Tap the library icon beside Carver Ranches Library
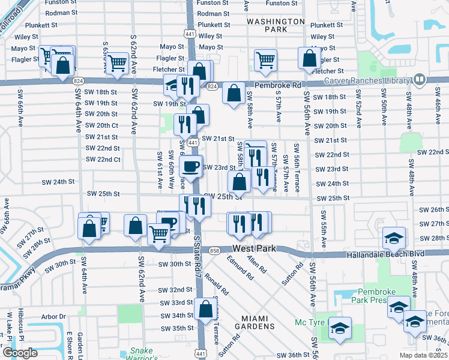pos(419,79)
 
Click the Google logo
pos(20,353)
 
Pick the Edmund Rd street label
pos(240,268)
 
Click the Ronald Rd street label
pos(216,283)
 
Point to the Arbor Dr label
pos(53,316)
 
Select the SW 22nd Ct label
pos(103,159)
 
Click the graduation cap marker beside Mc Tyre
pos(339,329)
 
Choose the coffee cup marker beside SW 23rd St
pos(191,166)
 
